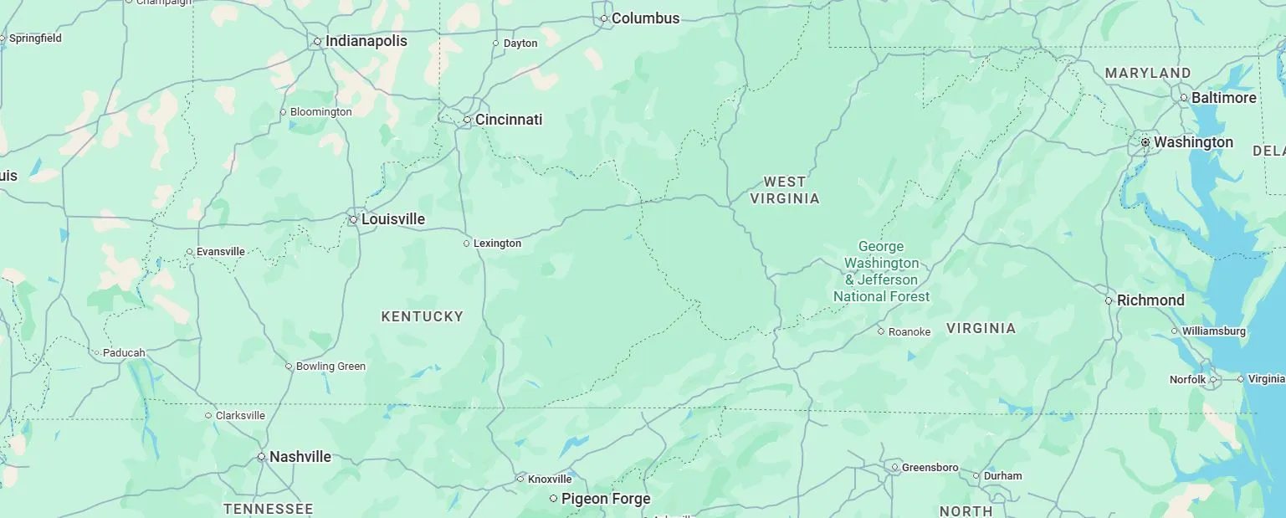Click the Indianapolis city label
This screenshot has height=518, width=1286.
tap(366, 41)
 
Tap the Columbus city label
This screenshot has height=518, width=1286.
tap(645, 18)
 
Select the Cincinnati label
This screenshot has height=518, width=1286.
tap(509, 120)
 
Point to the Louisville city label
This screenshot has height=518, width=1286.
tap(392, 219)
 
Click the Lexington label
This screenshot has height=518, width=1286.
tap(497, 244)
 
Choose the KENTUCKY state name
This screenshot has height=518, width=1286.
tap(422, 316)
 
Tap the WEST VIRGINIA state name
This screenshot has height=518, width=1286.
tap(785, 190)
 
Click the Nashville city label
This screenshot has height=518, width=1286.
tap(300, 457)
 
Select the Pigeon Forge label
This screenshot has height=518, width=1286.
tap(605, 499)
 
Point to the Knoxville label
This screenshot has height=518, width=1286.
tap(550, 480)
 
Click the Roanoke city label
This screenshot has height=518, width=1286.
tap(909, 332)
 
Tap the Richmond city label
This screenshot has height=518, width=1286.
tap(1150, 300)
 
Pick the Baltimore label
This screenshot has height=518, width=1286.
tap(1223, 98)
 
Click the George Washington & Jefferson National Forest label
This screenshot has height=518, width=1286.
tap(881, 271)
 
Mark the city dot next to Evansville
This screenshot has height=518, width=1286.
tap(189, 252)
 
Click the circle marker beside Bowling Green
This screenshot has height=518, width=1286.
tap(289, 367)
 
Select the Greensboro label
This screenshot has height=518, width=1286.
tap(930, 468)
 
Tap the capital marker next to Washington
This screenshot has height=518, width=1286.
tap(1145, 143)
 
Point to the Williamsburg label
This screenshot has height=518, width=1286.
tap(1213, 331)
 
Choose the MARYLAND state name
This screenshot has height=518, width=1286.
tap(1147, 74)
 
